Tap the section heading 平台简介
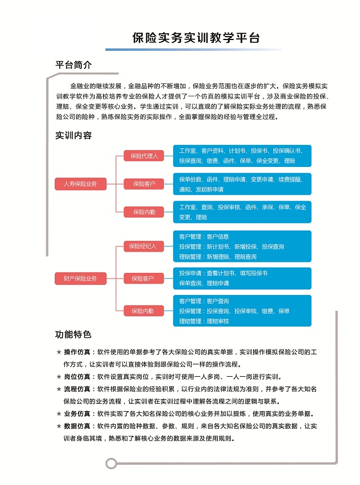pos(73,65)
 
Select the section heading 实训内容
pos(73,135)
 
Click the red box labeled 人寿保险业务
pos(80,184)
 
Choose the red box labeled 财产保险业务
pos(80,278)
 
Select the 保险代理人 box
pos(144,156)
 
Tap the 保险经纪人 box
pos(144,246)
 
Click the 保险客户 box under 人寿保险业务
pos(144,184)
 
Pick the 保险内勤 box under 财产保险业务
pos(144,311)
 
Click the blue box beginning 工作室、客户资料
pos(242,156)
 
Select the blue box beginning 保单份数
pos(242,184)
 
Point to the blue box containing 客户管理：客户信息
pos(242,246)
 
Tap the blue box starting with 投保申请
pos(242,278)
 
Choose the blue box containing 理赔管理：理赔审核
pos(242,311)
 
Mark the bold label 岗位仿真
pos(78,377)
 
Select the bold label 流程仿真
pos(78,389)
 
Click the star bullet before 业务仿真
pos(59,414)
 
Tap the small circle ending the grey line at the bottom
pos(111,463)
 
